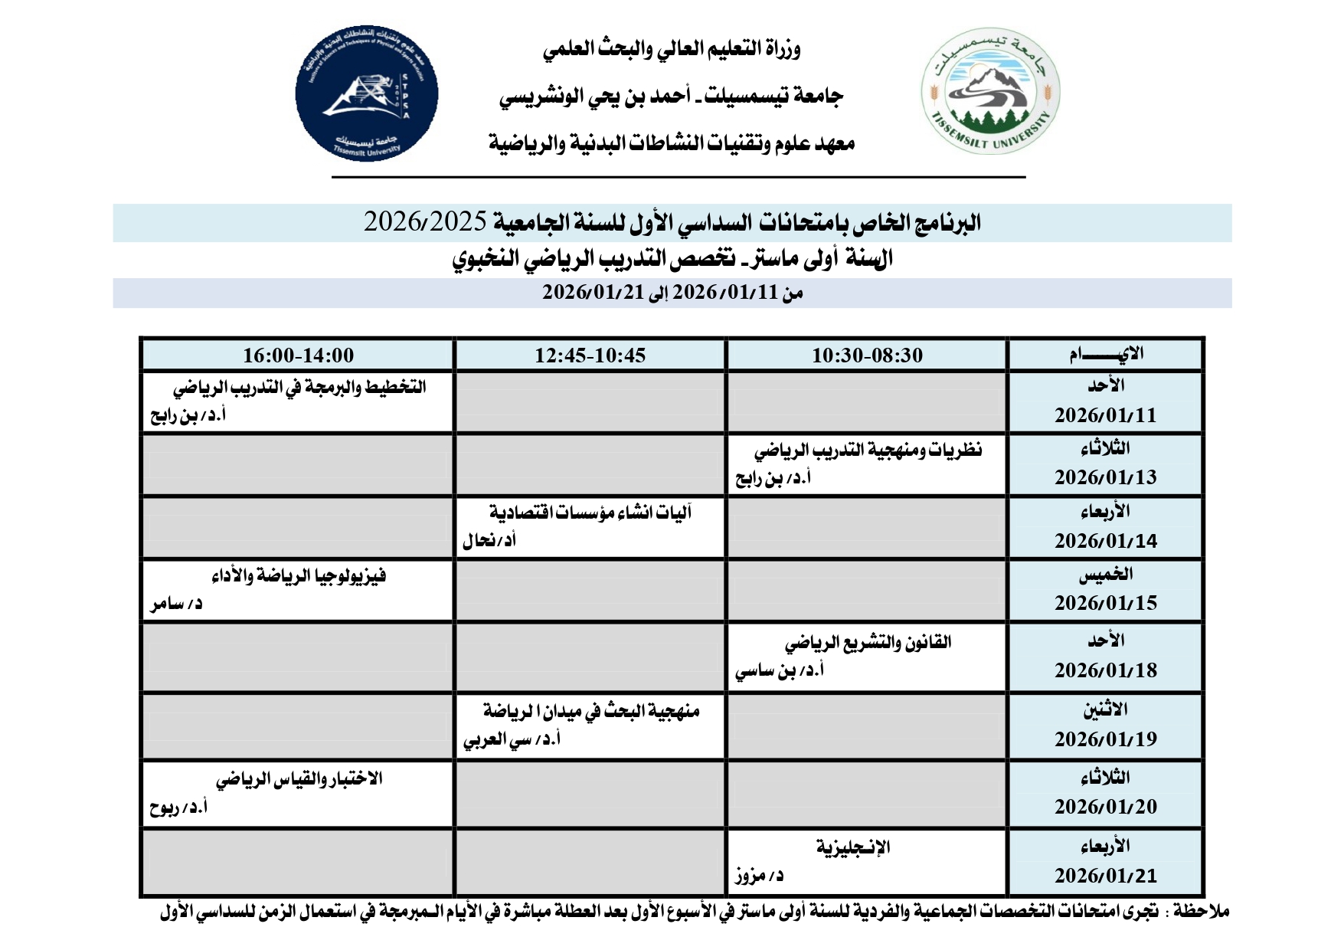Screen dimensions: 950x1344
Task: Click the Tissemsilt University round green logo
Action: pyautogui.click(x=989, y=92)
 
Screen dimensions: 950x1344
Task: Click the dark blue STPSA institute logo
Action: pyautogui.click(x=367, y=93)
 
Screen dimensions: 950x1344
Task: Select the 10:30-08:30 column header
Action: pyautogui.click(x=867, y=355)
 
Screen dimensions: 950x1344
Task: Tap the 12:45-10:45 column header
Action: pyautogui.click(x=590, y=355)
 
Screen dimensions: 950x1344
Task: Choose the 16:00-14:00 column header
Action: pyautogui.click(x=298, y=355)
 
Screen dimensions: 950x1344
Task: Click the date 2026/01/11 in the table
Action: pyautogui.click(x=1105, y=415)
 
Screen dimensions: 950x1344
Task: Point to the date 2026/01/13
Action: pyautogui.click(x=1105, y=477)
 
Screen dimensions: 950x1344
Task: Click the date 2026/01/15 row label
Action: pyautogui.click(x=1105, y=603)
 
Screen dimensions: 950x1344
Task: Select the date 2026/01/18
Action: pyautogui.click(x=1105, y=670)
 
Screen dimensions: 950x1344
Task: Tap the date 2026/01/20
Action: pyautogui.click(x=1105, y=807)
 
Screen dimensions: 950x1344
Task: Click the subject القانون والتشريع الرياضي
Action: pyautogui.click(x=868, y=642)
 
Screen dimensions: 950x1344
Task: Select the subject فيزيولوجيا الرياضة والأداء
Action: pyautogui.click(x=299, y=575)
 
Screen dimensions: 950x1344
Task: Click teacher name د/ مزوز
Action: pyautogui.click(x=759, y=875)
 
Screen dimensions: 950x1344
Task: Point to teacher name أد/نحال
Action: pyautogui.click(x=489, y=541)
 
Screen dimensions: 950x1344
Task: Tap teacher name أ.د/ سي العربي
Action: pyautogui.click(x=512, y=739)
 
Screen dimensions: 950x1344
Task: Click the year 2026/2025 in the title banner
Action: pyautogui.click(x=425, y=222)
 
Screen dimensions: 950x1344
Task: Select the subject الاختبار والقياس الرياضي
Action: pyautogui.click(x=299, y=779)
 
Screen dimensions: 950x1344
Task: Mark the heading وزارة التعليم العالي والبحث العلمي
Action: pyautogui.click(x=672, y=50)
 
